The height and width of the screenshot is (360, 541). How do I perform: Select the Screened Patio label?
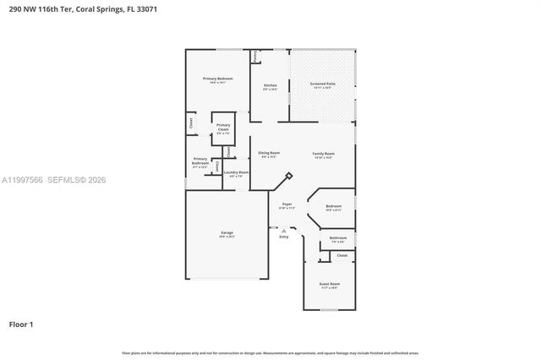323,84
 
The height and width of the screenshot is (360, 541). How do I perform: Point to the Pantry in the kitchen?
254,57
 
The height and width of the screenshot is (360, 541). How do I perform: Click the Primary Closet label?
222,128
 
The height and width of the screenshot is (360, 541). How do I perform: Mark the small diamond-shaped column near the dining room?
289,176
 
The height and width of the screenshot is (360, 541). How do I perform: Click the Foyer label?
287,205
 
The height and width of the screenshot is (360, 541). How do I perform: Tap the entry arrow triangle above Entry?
284,230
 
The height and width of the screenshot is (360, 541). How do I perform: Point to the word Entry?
284,237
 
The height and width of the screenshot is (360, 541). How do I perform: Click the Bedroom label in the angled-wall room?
334,206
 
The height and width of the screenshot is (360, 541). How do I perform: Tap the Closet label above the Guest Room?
342,254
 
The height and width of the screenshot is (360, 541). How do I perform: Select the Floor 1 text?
21,324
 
